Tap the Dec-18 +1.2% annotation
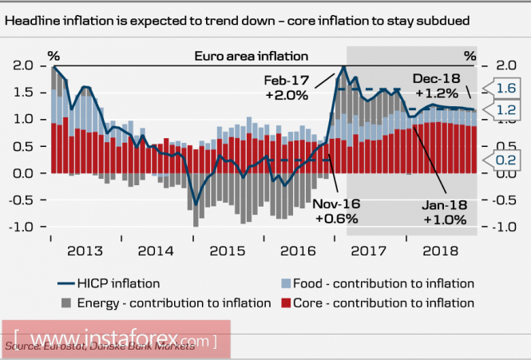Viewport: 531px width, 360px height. (437, 85)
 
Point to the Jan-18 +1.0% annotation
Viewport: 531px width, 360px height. (444, 212)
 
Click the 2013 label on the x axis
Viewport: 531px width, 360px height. (85, 251)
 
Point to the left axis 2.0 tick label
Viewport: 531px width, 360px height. (25, 65)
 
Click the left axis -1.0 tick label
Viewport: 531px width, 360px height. (22, 227)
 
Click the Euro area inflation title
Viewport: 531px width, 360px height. (252, 56)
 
